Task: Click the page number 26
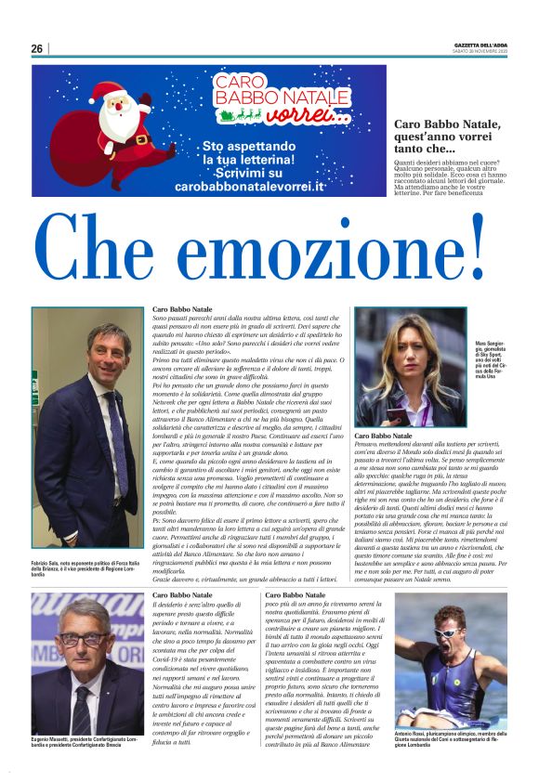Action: (x=36, y=48)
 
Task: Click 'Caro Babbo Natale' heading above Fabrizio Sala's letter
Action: (x=182, y=309)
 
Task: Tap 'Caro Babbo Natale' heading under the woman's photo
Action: (x=387, y=436)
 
